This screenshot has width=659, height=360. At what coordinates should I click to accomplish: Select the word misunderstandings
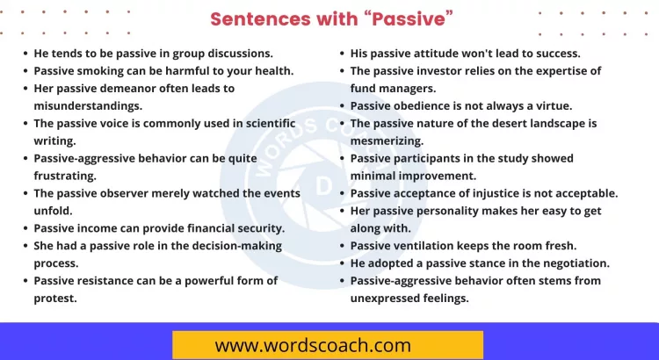[88, 105]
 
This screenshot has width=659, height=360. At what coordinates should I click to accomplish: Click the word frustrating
[67, 176]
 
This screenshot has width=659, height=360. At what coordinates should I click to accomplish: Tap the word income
[102, 228]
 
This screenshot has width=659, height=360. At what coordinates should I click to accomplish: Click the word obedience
[430, 105]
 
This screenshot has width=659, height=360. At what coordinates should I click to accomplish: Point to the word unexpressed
[391, 299]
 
